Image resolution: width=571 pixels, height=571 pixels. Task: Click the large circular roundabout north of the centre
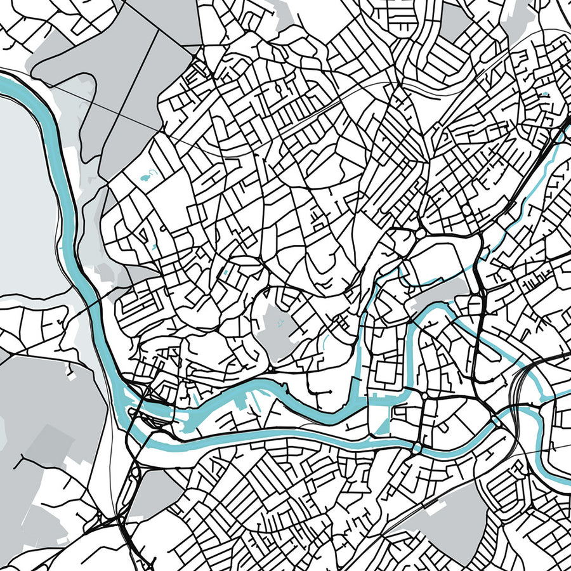421,234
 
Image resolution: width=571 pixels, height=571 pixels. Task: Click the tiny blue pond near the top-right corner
544,95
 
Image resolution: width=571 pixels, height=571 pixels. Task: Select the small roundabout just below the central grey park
270,368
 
